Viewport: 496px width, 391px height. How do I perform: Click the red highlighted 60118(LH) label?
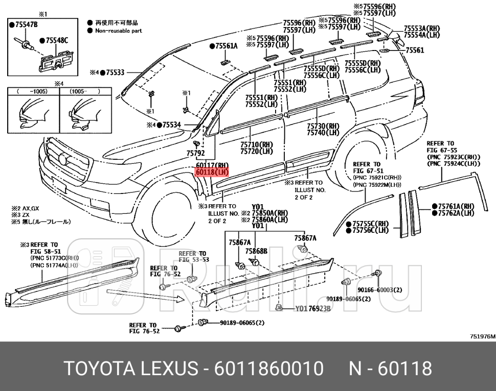click(211, 173)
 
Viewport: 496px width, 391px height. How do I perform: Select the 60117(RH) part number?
click(211, 165)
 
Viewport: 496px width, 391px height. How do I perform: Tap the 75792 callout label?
click(195, 153)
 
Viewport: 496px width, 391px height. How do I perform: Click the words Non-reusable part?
click(118, 31)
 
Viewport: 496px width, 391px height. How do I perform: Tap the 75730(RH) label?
click(323, 126)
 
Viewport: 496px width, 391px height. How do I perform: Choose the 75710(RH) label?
click(256, 144)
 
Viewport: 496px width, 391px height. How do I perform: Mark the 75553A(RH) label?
click(422, 29)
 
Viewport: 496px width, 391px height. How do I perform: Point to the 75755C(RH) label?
click(370, 224)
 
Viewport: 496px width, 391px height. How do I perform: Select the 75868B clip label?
click(256, 251)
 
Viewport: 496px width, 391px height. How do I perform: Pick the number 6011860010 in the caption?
click(270, 367)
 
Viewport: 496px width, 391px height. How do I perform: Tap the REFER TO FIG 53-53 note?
click(193, 257)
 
